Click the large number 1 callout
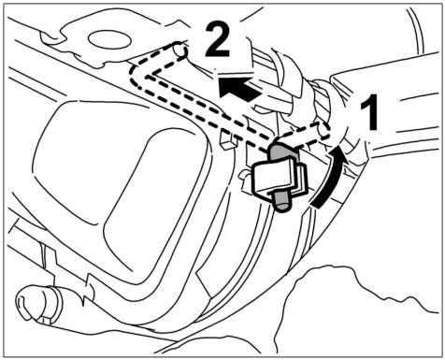370,112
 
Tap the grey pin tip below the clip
281,203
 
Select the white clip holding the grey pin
279,177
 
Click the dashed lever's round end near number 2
181,50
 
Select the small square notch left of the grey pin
226,138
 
